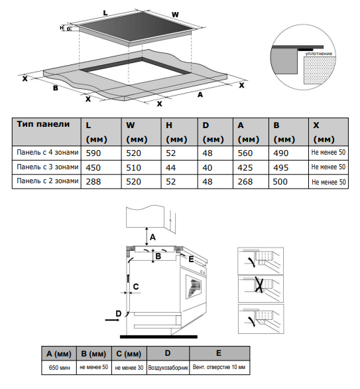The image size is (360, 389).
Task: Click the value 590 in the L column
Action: [x=93, y=153]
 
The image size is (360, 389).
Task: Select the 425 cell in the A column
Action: [x=245, y=168]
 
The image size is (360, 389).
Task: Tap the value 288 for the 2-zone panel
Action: [x=93, y=182]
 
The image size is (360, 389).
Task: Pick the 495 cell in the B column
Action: [x=281, y=168]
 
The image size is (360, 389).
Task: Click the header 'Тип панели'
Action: [x=43, y=124]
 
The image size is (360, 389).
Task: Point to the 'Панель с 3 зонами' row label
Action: [x=48, y=167]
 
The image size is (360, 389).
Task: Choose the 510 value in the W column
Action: [x=133, y=168]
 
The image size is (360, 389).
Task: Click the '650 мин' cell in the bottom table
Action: [x=59, y=367]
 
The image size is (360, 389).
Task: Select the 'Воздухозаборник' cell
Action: [x=168, y=368]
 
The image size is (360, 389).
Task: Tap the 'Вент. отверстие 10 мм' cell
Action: [x=219, y=367]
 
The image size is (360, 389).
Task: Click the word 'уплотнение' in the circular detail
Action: [x=318, y=54]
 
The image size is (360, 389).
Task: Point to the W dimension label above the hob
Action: [x=175, y=15]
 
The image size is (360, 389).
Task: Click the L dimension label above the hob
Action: [x=105, y=13]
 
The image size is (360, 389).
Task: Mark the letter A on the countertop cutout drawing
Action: [x=200, y=94]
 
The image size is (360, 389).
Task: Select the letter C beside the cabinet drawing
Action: [x=136, y=287]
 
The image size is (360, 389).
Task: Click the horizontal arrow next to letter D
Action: [x=112, y=320]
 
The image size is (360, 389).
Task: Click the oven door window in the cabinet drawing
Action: [x=195, y=287]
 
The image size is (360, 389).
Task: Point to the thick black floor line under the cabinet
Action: [x=158, y=337]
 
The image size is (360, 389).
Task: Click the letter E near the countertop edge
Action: [x=191, y=259]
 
